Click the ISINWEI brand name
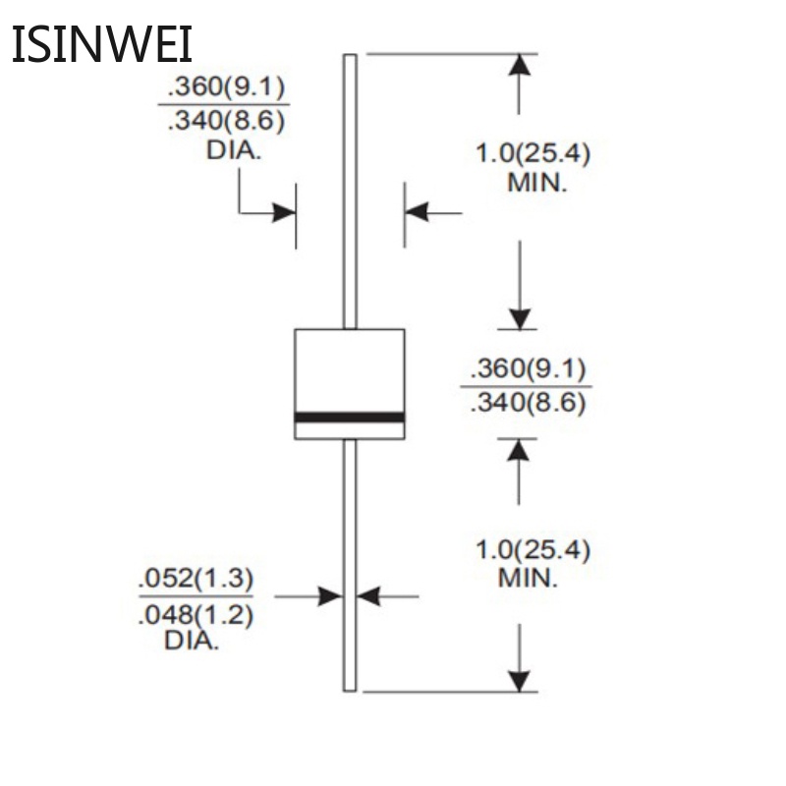pos(101,45)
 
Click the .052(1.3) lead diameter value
pos(196,579)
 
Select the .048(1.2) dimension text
pos(196,616)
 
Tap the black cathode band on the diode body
pos(350,418)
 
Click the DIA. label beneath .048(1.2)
pos(192,642)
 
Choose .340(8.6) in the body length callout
pos(529,402)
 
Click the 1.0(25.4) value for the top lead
pos(533,153)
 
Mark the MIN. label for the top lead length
pos(536,182)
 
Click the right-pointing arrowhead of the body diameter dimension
pos(285,212)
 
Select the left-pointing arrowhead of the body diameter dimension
pos(417,211)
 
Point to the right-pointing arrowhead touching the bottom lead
pos(330,595)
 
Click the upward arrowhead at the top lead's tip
pos(520,65)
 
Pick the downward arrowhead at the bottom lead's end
pos(520,680)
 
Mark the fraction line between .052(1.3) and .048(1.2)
pos(196,596)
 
